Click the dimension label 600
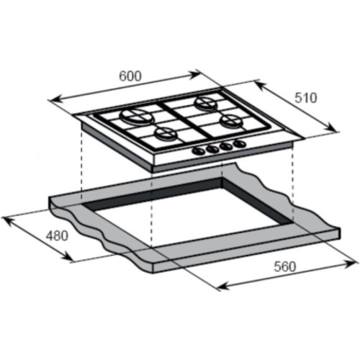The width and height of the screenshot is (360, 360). click(130, 76)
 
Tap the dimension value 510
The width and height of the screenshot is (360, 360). click(306, 98)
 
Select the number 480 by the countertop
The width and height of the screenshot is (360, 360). click(57, 235)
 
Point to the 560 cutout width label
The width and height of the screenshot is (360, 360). click(285, 266)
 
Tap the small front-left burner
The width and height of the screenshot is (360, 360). click(165, 134)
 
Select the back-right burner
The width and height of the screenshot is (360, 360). click(207, 104)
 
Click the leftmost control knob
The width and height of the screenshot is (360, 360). click(199, 151)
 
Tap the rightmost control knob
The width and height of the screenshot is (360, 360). click(240, 143)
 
